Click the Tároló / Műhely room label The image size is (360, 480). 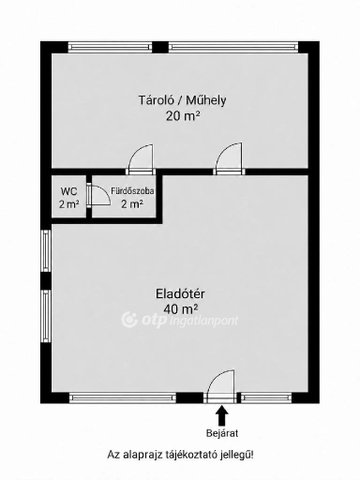pyautogui.click(x=182, y=100)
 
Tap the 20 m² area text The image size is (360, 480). pyautogui.click(x=183, y=116)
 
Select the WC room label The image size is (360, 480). pyautogui.click(x=69, y=192)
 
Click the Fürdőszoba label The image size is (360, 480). pyautogui.click(x=132, y=191)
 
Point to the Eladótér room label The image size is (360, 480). pyautogui.click(x=180, y=294)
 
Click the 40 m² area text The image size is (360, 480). pyautogui.click(x=180, y=309)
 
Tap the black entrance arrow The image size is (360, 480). pyautogui.click(x=222, y=414)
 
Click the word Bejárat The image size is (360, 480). pyautogui.click(x=222, y=433)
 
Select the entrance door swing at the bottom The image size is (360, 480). pyautogui.click(x=221, y=384)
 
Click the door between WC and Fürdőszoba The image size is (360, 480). pyautogui.click(x=99, y=197)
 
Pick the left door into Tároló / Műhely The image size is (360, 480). pyautogui.click(x=141, y=159)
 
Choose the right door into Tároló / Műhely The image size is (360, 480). pyautogui.click(x=229, y=159)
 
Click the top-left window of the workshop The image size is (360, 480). pyautogui.click(x=110, y=47)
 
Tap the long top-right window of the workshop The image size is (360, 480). pyautogui.click(x=233, y=47)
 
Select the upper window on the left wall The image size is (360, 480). pyautogui.click(x=46, y=251)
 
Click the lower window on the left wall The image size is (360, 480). pyautogui.click(x=46, y=316)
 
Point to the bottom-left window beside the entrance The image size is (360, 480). pyautogui.click(x=122, y=398)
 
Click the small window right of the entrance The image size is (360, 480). pyautogui.click(x=266, y=398)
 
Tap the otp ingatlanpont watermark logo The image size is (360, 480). pyautogui.click(x=180, y=320)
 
